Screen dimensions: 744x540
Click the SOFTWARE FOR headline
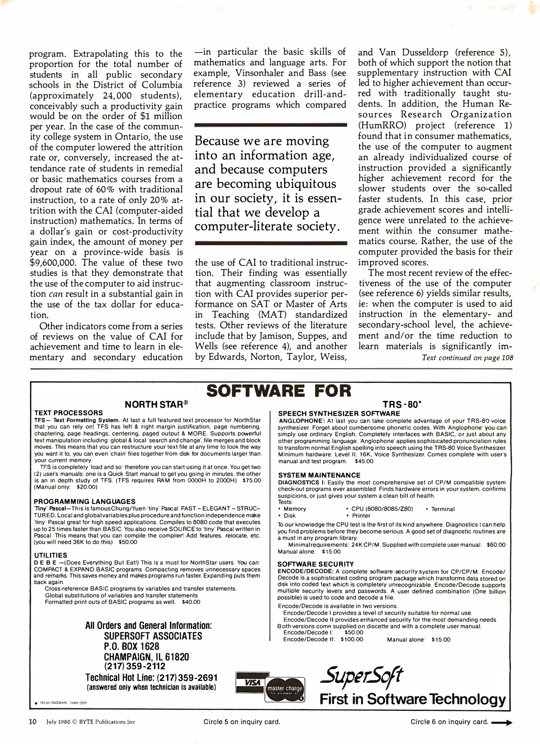pyautogui.click(x=279, y=391)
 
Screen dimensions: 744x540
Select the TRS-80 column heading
pyautogui.click(x=402, y=404)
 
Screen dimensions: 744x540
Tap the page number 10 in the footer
pyautogui.click(x=32, y=722)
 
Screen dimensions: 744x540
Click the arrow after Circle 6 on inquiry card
pyautogui.click(x=502, y=722)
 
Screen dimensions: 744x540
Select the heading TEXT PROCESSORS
pyautogui.click(x=68, y=413)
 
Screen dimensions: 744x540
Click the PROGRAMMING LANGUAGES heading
pyautogui.click(x=84, y=502)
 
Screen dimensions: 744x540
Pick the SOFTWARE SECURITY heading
pyautogui.click(x=316, y=564)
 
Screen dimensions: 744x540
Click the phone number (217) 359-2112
pyautogui.click(x=134, y=666)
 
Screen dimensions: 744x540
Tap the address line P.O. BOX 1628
pyautogui.click(x=131, y=646)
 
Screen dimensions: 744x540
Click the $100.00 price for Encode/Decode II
pyautogui.click(x=352, y=639)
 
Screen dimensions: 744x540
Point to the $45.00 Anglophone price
pyautogui.click(x=364, y=461)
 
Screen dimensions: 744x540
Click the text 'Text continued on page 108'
pyautogui.click(x=468, y=358)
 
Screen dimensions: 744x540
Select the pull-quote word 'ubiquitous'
pyautogui.click(x=304, y=184)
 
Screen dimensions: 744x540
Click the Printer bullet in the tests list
pyautogui.click(x=361, y=516)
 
